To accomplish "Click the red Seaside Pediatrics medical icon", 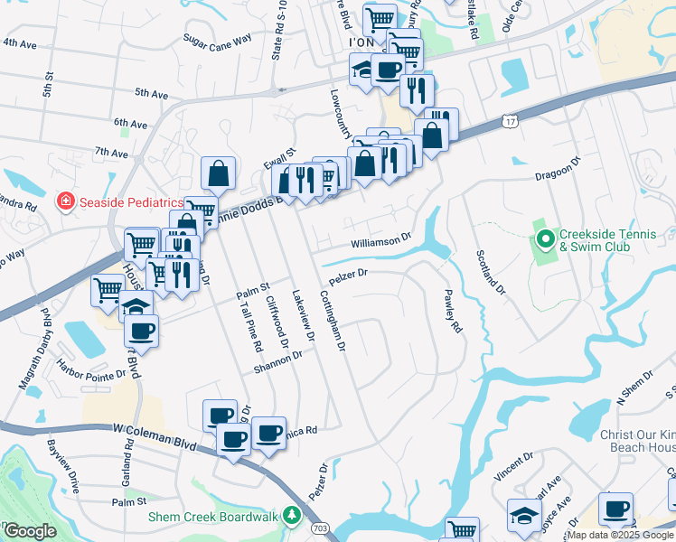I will pyautogui.click(x=65, y=201).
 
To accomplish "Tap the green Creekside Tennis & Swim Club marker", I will pyautogui.click(x=545, y=239).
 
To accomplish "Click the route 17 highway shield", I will pyautogui.click(x=511, y=120).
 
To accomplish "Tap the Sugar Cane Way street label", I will pyautogui.click(x=216, y=41).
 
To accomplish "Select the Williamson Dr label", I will pyautogui.click(x=381, y=242).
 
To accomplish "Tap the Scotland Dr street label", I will pyautogui.click(x=487, y=270).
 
